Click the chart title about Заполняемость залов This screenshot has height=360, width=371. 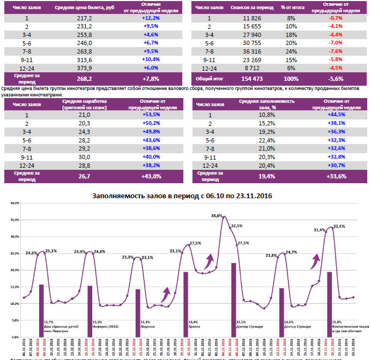182,196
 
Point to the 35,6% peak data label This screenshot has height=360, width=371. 217,216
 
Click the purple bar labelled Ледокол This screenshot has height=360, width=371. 138,313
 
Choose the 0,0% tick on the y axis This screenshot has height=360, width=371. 14,337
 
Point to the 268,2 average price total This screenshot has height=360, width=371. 85,79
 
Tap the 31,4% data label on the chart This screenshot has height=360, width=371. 320,230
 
